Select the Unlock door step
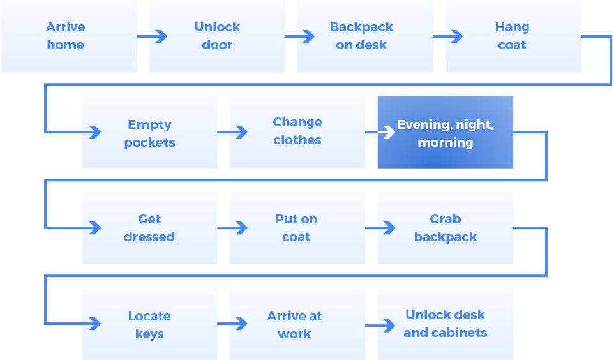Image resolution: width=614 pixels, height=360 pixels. pyautogui.click(x=217, y=36)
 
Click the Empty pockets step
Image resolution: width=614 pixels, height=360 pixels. pyautogui.click(x=149, y=132)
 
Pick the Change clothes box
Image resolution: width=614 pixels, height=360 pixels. pyautogui.click(x=297, y=132)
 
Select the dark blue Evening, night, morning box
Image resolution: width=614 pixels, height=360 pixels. pyautogui.click(x=446, y=132)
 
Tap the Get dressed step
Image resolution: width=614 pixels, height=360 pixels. pyautogui.click(x=149, y=228)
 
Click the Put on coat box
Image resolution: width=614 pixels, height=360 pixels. pyautogui.click(x=297, y=228)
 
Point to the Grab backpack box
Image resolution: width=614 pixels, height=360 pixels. pyautogui.click(x=446, y=228)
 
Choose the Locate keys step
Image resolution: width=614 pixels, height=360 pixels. pyautogui.click(x=149, y=324)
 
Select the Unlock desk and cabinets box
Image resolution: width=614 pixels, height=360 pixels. pyautogui.click(x=446, y=324)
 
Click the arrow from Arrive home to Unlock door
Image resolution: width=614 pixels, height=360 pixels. pyautogui.click(x=153, y=36)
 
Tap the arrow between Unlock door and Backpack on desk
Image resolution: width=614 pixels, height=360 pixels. pyautogui.click(x=301, y=36)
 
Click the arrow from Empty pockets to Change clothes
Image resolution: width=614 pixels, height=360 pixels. pyautogui.click(x=234, y=132)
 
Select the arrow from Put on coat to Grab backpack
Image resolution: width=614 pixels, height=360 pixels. pyautogui.click(x=382, y=228)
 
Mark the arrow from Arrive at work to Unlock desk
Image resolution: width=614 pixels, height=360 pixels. pyautogui.click(x=382, y=326)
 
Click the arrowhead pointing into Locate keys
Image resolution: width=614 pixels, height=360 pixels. pyautogui.click(x=95, y=324)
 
